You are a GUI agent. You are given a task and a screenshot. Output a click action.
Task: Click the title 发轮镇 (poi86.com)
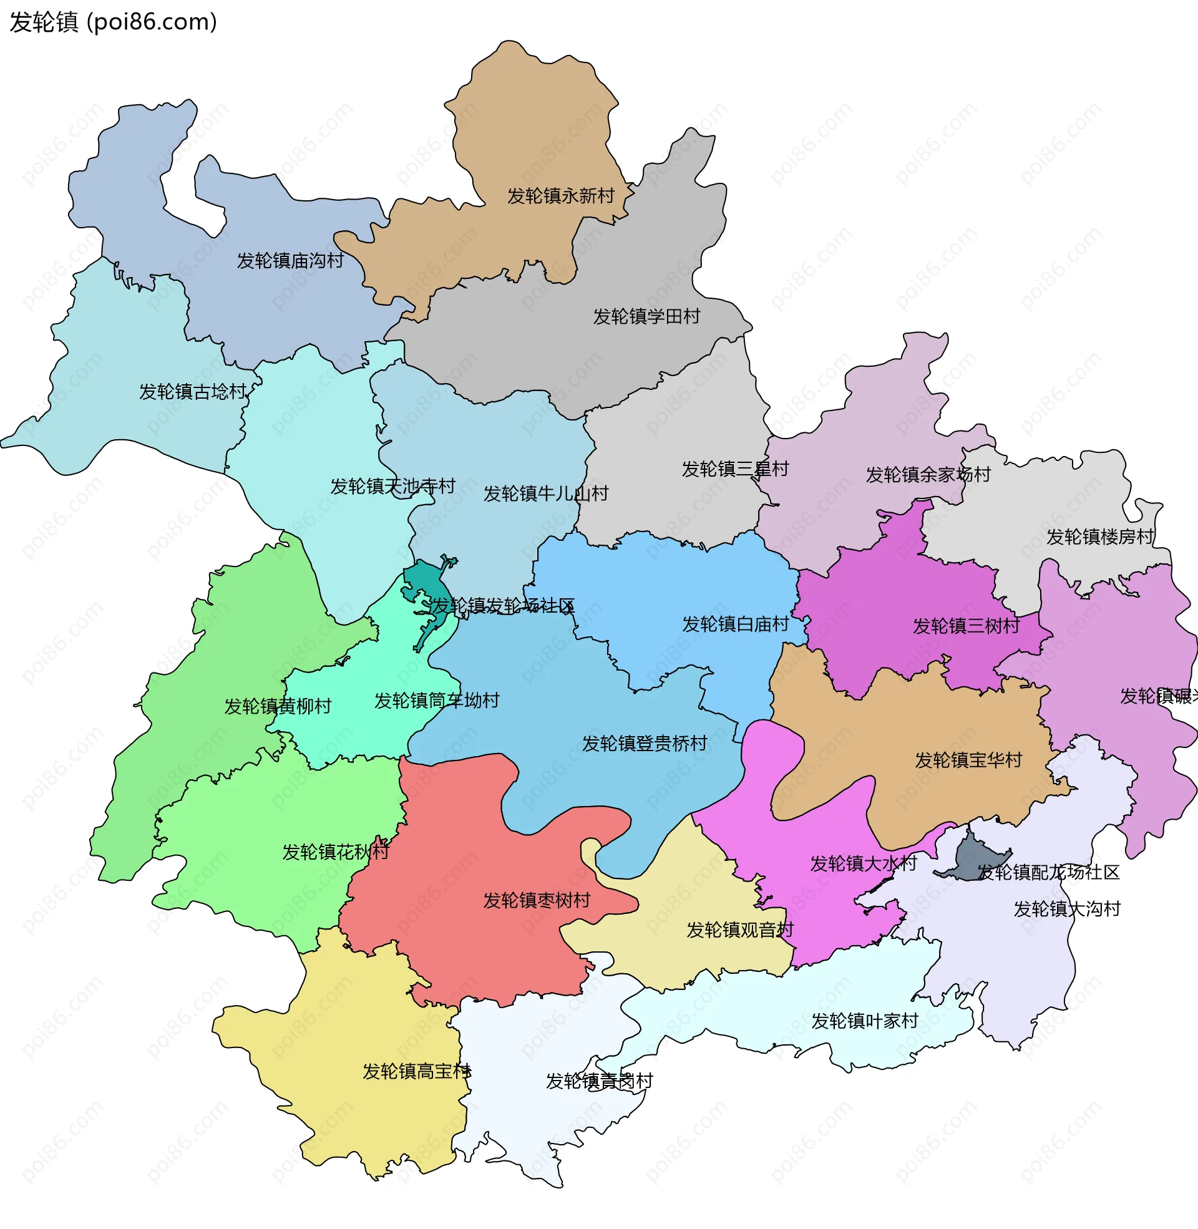pyautogui.click(x=114, y=22)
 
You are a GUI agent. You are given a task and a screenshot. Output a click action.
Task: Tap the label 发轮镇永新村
pyautogui.click(x=560, y=197)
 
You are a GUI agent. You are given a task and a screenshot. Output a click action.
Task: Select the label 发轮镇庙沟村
pyautogui.click(x=290, y=260)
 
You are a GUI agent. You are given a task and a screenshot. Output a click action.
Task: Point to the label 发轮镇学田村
pyautogui.click(x=647, y=316)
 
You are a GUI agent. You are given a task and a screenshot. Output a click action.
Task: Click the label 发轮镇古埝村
pyautogui.click(x=193, y=392)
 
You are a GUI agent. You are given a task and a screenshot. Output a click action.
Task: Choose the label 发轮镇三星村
pyautogui.click(x=735, y=469)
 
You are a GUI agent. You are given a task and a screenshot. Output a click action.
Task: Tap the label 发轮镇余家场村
pyautogui.click(x=928, y=475)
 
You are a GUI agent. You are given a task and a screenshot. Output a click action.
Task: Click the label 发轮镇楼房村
pyautogui.click(x=1100, y=537)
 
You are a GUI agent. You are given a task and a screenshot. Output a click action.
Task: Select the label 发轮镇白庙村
pyautogui.click(x=736, y=624)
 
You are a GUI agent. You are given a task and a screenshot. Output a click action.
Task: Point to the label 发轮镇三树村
pyautogui.click(x=967, y=626)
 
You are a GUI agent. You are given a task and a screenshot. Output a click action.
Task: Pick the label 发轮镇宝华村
pyautogui.click(x=968, y=760)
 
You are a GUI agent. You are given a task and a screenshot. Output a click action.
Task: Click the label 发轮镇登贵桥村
pyautogui.click(x=645, y=744)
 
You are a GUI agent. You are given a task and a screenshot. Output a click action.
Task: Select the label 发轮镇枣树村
pyautogui.click(x=537, y=901)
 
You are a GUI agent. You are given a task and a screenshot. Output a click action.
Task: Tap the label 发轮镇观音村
pyautogui.click(x=740, y=930)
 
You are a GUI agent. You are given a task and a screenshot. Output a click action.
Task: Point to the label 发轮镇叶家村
pyautogui.click(x=865, y=1021)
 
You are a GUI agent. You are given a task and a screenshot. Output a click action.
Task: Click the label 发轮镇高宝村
pyautogui.click(x=417, y=1072)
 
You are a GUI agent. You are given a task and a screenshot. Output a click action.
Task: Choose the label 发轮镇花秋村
pyautogui.click(x=335, y=852)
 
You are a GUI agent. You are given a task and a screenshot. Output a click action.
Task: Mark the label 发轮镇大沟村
pyautogui.click(x=1067, y=910)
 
